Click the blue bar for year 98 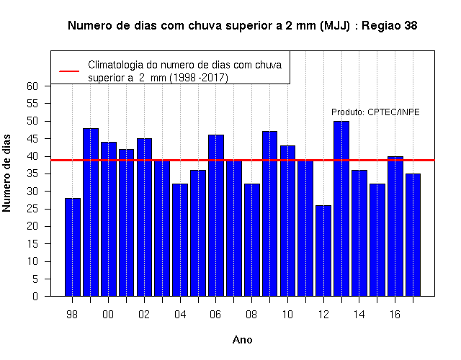[72, 247]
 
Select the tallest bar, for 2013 [341, 209]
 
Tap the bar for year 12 [323, 251]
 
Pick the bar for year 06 [216, 215]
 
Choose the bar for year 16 [395, 226]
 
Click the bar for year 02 [144, 217]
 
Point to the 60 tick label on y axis [32, 86]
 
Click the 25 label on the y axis [32, 209]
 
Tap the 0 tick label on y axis [35, 296]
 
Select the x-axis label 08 [251, 315]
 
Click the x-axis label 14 [359, 315]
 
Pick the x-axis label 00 [108, 315]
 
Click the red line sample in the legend [69, 71]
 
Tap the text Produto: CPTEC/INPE [375, 112]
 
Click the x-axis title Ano [242, 340]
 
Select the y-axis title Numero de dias [6, 173]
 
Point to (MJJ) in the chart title [336, 26]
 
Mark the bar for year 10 [287, 221]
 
